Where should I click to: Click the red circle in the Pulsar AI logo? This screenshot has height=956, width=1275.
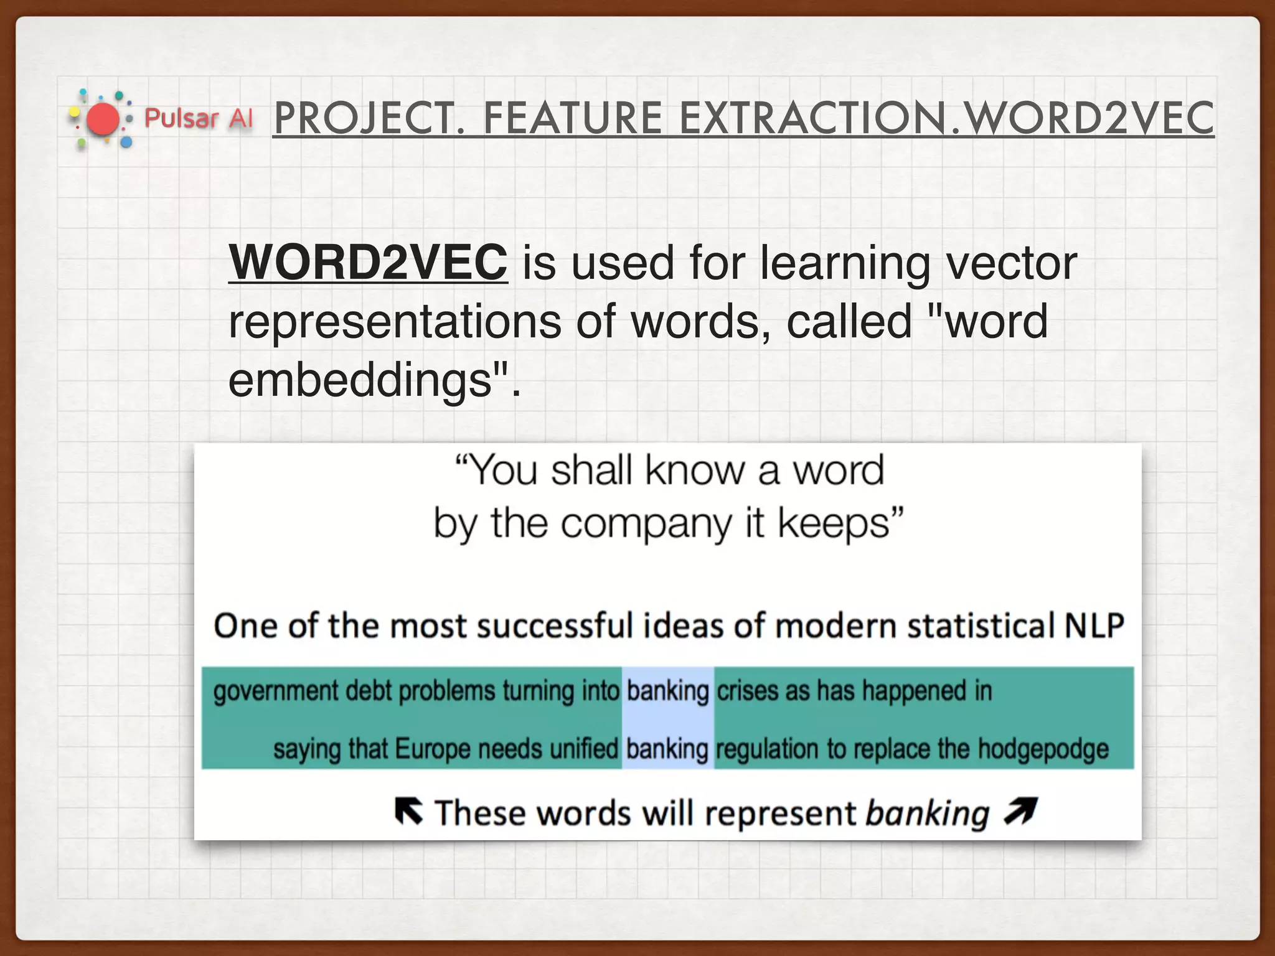[102, 118]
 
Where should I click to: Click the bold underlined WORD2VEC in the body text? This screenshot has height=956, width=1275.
[368, 262]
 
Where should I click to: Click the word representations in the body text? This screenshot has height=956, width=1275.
[395, 321]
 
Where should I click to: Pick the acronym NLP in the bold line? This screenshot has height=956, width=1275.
[1094, 626]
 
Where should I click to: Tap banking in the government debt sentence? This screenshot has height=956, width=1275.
[667, 691]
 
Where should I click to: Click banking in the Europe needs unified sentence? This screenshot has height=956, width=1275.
[667, 749]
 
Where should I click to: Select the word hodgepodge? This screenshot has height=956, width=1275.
[1043, 749]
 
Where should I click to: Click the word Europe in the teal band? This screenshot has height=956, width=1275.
[432, 749]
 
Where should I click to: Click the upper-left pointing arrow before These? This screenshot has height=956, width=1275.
[408, 812]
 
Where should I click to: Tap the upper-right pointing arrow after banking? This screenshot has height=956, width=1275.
[1020, 811]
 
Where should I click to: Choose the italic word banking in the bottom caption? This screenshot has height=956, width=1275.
[927, 813]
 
